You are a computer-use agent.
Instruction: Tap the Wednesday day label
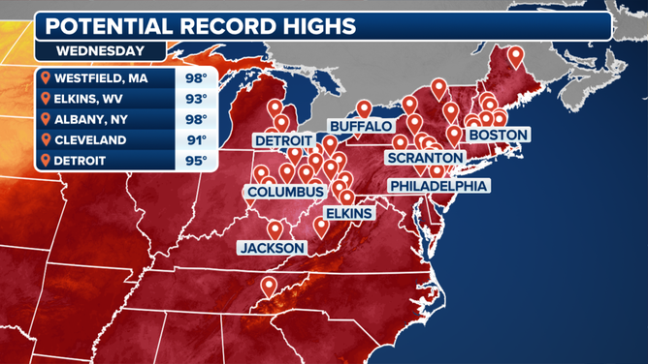[100, 51]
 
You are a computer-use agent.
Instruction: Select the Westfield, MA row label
[101, 77]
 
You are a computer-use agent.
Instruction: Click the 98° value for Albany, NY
[196, 119]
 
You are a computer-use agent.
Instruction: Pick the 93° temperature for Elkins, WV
[196, 99]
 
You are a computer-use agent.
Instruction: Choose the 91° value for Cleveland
[196, 140]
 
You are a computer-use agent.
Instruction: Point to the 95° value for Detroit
[196, 161]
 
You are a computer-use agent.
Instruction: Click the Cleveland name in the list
[90, 140]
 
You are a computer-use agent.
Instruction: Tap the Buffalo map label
[361, 127]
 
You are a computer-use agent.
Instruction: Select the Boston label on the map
[499, 136]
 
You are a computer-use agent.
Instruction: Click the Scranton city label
[425, 157]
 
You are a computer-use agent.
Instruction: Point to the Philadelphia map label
[439, 186]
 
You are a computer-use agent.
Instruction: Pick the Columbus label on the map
[285, 192]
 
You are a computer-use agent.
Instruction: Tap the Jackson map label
[273, 248]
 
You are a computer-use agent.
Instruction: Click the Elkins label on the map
[348, 213]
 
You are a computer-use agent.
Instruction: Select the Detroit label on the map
[283, 141]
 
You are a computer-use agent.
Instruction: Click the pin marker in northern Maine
[516, 57]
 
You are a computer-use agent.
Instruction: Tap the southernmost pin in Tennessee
[268, 287]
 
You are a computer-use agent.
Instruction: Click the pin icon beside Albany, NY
[45, 119]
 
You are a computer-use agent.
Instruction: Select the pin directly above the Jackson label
[275, 229]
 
